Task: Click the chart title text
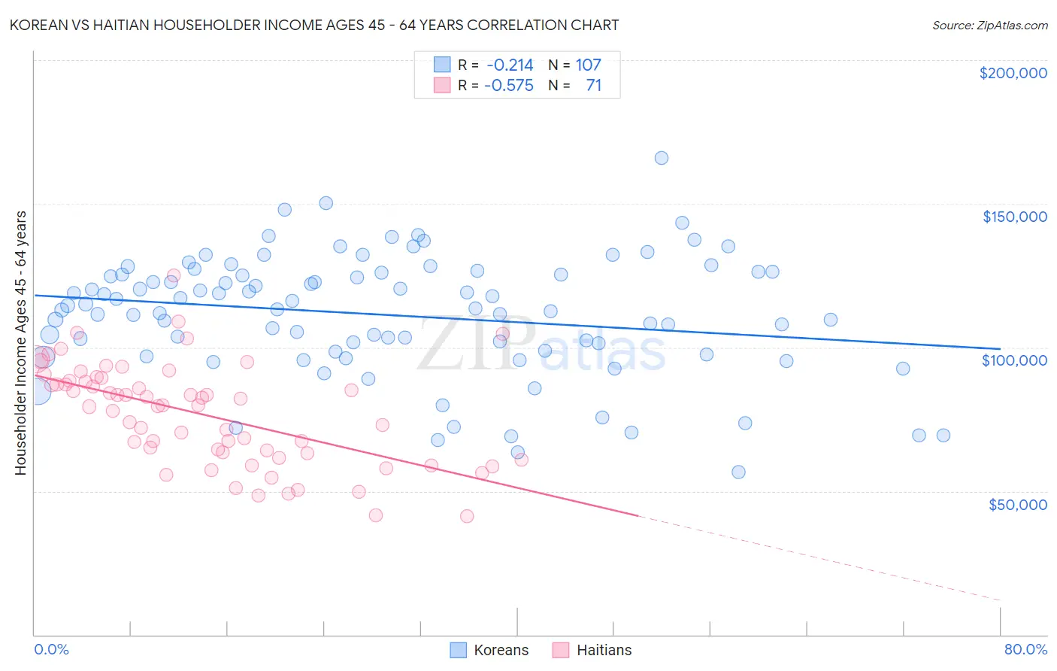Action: pos(314,25)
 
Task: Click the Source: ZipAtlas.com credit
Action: pos(989,25)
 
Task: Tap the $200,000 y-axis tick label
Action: pos(1013,73)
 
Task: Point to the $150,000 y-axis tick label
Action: pos(1014,217)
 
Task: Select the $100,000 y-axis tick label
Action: pos(1014,360)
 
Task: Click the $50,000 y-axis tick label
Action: pos(1017,504)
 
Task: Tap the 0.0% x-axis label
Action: pos(51,649)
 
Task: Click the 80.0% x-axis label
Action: pos(1025,649)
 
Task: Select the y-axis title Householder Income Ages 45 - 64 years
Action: pos(21,343)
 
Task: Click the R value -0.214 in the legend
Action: pos(510,65)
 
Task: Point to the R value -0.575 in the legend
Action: pos(509,86)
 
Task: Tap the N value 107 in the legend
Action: pos(588,65)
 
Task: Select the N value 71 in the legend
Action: pos(593,86)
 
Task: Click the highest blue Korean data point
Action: pos(662,158)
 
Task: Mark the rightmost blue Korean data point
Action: pos(943,436)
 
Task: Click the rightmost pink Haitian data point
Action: pos(521,460)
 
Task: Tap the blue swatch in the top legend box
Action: pos(442,65)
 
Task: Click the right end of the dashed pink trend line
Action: pos(1000,600)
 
